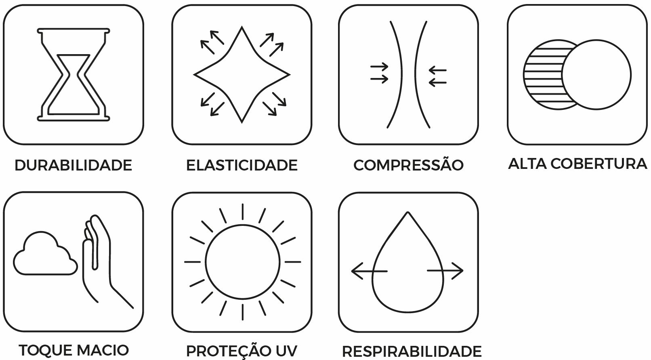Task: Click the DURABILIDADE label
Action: [x=73, y=165]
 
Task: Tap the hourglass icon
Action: [x=73, y=74]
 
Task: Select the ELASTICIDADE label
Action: [x=241, y=165]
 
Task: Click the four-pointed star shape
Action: [x=241, y=75]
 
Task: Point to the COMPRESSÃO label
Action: [x=408, y=165]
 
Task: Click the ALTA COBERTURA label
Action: [x=577, y=164]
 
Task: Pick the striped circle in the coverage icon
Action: [x=541, y=75]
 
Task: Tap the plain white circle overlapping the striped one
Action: [x=596, y=75]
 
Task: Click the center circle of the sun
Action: [x=242, y=262]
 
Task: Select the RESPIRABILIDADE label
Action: [x=412, y=351]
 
